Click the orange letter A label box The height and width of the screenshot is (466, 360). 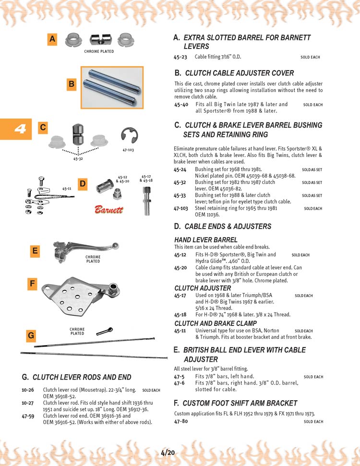point(52,39)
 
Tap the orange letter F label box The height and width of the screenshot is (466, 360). point(32,284)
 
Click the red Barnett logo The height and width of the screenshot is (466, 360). point(108,210)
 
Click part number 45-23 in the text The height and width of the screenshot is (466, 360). point(180,57)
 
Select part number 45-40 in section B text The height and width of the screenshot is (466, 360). point(181,104)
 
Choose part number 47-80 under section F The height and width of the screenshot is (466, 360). point(181,421)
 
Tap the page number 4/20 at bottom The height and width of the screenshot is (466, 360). point(168,452)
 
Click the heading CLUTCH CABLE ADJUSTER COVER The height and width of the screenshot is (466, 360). point(239,73)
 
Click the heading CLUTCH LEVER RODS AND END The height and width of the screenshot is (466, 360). point(82,377)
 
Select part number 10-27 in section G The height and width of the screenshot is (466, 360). point(28,403)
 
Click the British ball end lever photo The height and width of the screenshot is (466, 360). point(84,251)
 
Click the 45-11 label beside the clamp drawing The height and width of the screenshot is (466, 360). point(67,189)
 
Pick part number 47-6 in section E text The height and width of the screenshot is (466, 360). point(179,383)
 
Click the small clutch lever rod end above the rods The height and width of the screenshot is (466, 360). point(104,331)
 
